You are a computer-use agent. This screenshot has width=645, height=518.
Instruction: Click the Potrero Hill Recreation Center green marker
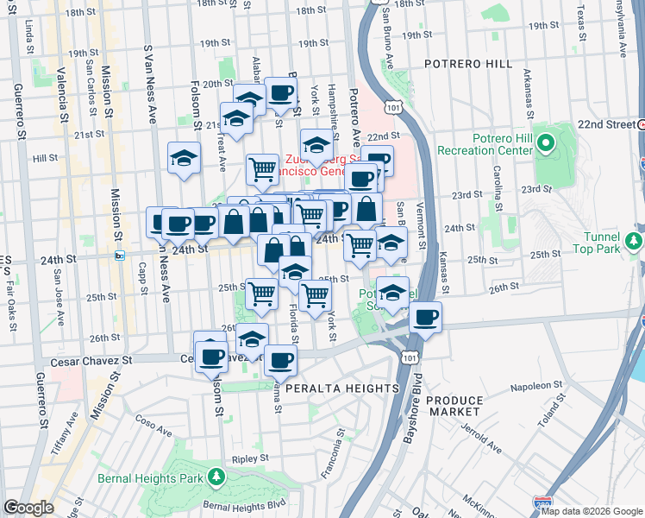point(545,142)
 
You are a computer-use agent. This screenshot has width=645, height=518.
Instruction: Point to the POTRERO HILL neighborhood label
point(468,64)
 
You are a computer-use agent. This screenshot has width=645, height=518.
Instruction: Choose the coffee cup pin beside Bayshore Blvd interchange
point(425,318)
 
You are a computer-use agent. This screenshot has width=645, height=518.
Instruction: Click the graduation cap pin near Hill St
point(184,158)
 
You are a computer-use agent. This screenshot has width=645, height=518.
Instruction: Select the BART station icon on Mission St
point(120,255)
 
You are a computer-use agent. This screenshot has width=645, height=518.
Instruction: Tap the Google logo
point(28,508)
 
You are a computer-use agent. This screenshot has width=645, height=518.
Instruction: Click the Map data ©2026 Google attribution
point(591,511)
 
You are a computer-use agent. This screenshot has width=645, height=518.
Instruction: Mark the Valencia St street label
point(61,93)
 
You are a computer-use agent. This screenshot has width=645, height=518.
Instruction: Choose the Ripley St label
point(247,460)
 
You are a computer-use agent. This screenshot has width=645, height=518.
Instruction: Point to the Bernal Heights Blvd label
point(244,504)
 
